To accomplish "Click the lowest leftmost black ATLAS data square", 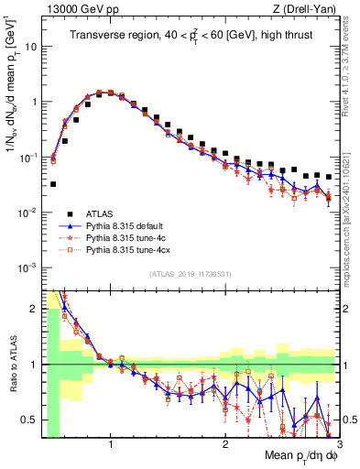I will tap(53, 184).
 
